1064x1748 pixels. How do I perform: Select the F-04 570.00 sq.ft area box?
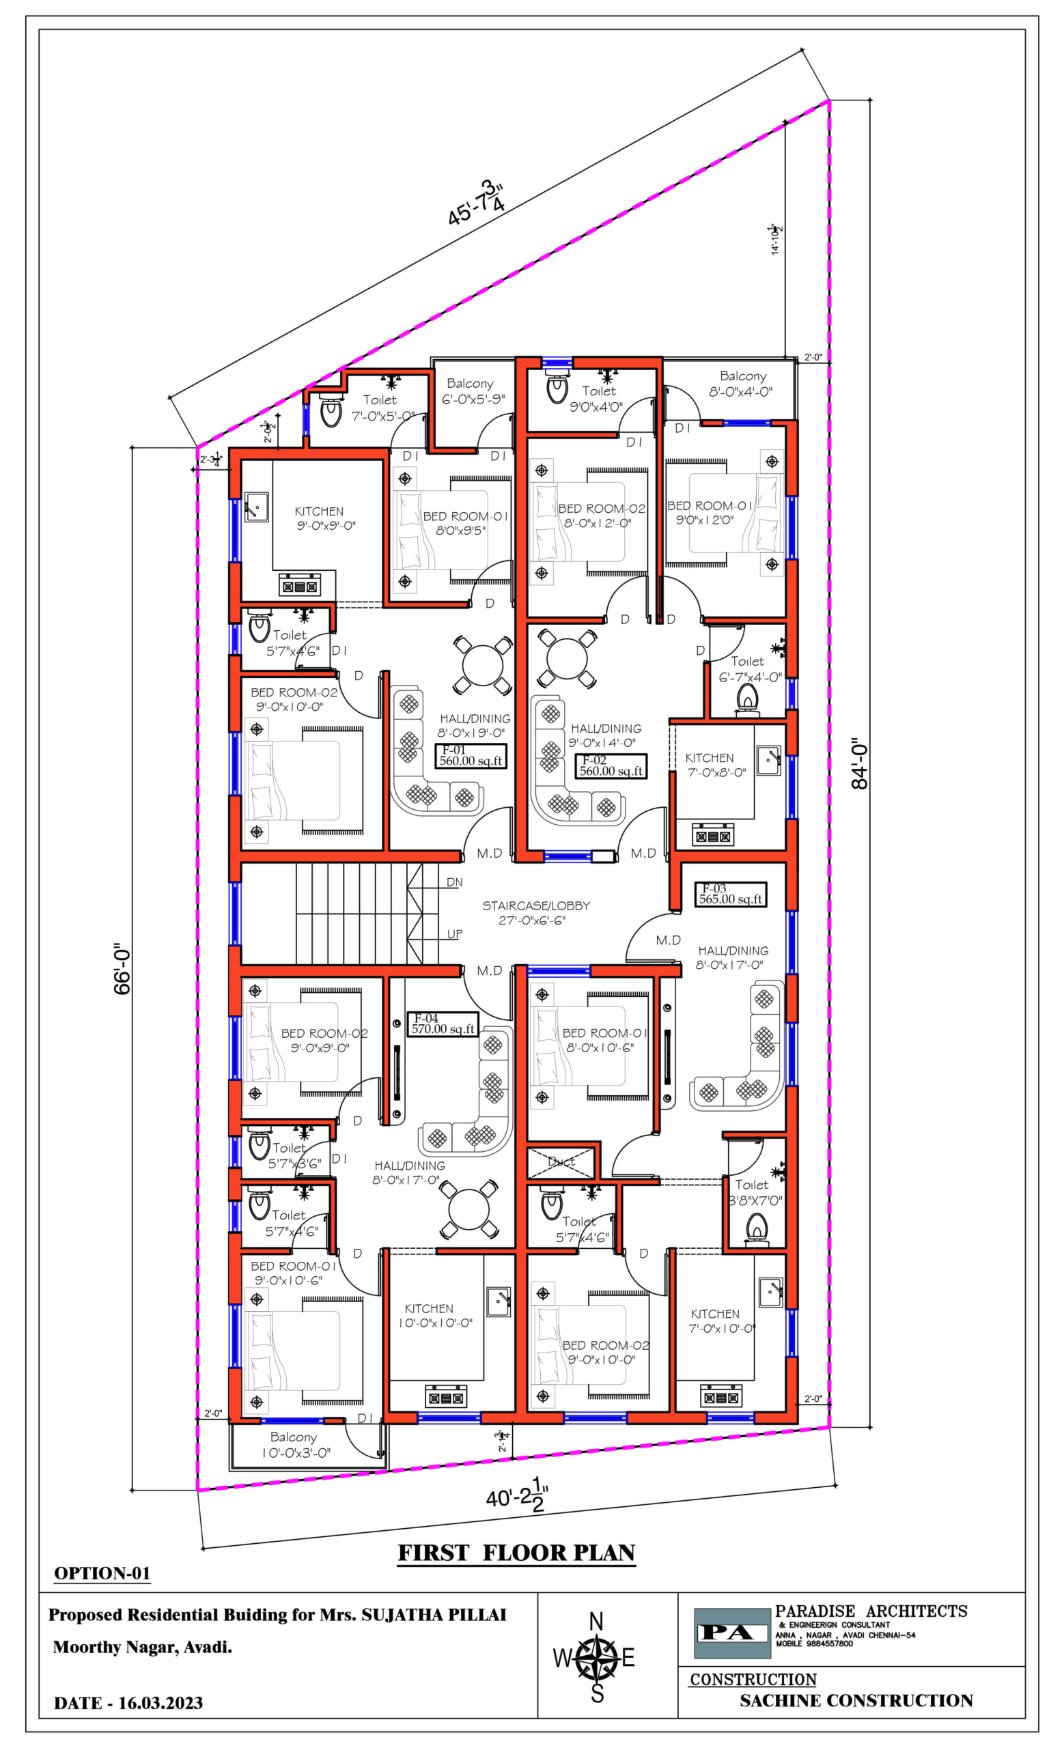pyautogui.click(x=443, y=1024)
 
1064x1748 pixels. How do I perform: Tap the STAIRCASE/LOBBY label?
pyautogui.click(x=535, y=912)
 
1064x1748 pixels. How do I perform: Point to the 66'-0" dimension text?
pyautogui.click(x=123, y=968)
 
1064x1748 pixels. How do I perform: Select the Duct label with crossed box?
pyautogui.click(x=562, y=1161)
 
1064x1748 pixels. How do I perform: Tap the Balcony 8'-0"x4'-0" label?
pyautogui.click(x=741, y=383)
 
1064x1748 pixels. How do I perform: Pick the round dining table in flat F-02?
pyautogui.click(x=567, y=658)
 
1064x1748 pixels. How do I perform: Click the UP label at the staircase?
pyautogui.click(x=455, y=934)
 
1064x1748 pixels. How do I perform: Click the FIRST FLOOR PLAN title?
pyautogui.click(x=516, y=1553)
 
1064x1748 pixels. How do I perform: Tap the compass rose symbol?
pyautogui.click(x=596, y=1658)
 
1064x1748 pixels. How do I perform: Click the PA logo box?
pyautogui.click(x=731, y=1633)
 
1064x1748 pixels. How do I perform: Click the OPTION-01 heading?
pyautogui.click(x=102, y=1573)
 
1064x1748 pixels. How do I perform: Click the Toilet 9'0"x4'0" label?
pyautogui.click(x=598, y=399)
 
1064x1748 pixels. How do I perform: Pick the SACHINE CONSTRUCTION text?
pyautogui.click(x=856, y=1700)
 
